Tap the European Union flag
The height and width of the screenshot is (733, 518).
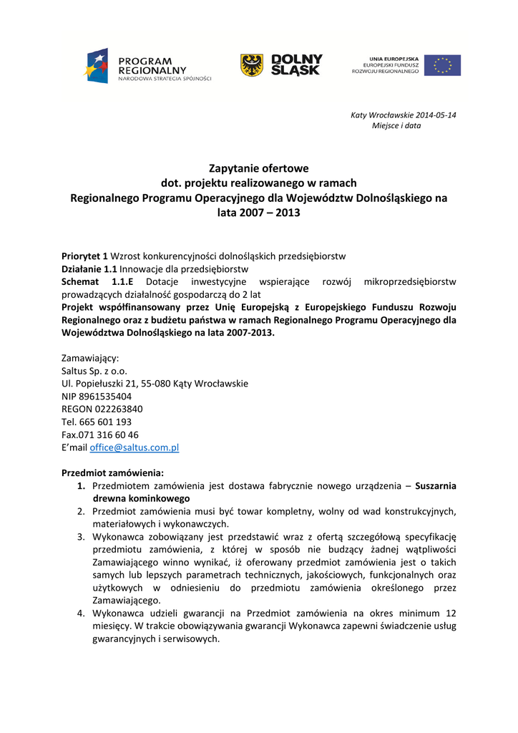point(442,65)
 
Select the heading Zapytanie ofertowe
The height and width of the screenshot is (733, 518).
point(258,169)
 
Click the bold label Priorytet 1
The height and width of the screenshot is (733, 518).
point(84,256)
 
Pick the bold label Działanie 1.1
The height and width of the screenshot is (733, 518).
point(89,269)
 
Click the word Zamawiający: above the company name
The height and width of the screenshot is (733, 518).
point(91,358)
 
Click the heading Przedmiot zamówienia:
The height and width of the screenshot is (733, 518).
point(113,473)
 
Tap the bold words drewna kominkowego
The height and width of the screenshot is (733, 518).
point(142,498)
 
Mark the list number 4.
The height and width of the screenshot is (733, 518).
point(82,613)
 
